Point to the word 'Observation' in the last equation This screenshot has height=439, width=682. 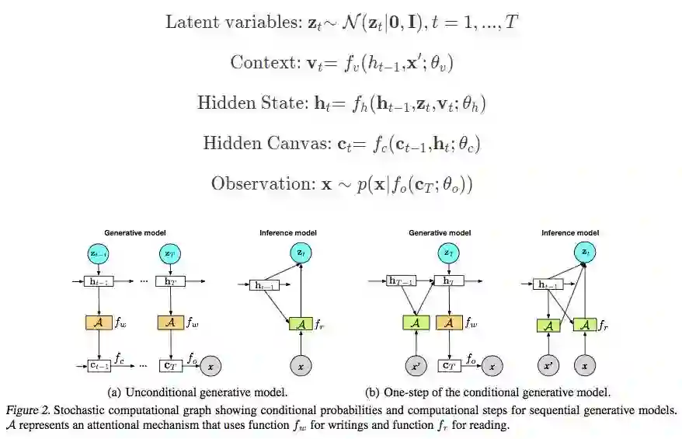tap(256, 184)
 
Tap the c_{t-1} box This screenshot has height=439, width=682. tap(98, 364)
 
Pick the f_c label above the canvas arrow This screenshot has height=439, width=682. tap(120, 358)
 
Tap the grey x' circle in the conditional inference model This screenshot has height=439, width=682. tap(548, 364)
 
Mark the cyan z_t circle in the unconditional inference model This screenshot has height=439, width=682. tap(300, 253)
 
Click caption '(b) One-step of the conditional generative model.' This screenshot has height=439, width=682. tap(487, 392)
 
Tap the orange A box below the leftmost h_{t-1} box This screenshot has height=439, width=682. tap(98, 322)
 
